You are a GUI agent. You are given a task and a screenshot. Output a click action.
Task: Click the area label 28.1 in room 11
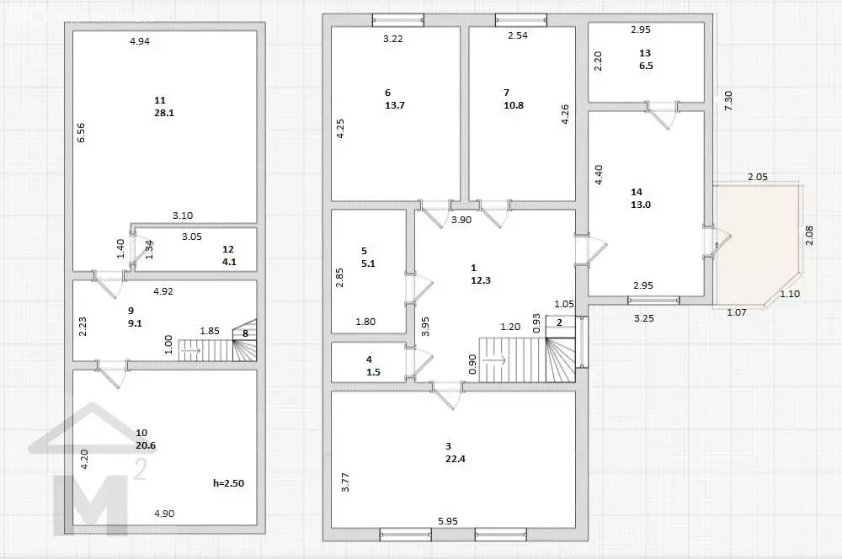(164, 114)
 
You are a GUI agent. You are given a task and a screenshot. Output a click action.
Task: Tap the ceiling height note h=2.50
(229, 483)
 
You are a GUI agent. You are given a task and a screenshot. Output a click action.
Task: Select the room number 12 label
(228, 249)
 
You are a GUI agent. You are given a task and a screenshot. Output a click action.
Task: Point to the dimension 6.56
(81, 133)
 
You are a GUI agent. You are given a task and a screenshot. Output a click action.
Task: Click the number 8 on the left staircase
(245, 333)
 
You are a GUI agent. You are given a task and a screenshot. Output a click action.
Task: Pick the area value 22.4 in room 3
(455, 459)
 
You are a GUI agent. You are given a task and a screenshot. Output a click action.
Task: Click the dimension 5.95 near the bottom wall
(448, 521)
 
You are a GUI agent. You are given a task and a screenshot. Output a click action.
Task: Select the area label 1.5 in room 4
(373, 372)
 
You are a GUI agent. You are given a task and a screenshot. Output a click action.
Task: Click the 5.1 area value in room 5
(369, 264)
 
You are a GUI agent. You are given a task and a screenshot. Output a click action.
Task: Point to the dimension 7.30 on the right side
(728, 101)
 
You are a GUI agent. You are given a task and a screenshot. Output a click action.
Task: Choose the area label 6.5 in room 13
(646, 66)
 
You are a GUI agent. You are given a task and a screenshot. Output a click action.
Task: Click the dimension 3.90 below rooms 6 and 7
(461, 219)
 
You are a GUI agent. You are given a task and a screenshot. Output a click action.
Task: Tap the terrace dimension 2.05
(758, 176)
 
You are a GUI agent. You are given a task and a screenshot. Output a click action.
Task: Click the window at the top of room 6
(398, 20)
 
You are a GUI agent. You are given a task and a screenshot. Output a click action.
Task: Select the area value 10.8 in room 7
(514, 105)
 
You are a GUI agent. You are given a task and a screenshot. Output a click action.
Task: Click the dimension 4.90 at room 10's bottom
(164, 514)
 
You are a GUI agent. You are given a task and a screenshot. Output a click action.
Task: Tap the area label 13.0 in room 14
(641, 205)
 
